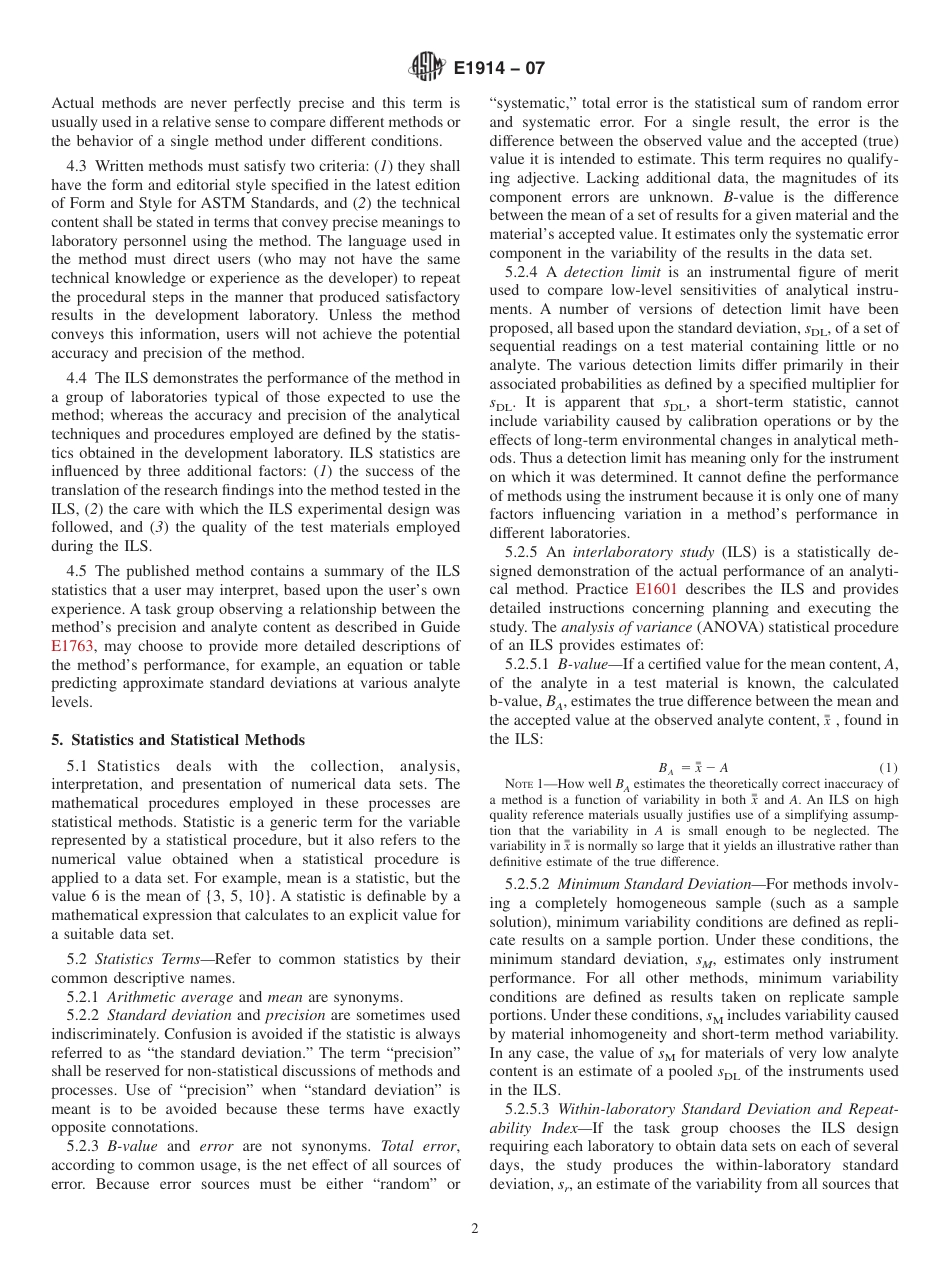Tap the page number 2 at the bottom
click(475, 1229)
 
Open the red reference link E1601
click(656, 590)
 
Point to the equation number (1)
click(888, 767)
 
